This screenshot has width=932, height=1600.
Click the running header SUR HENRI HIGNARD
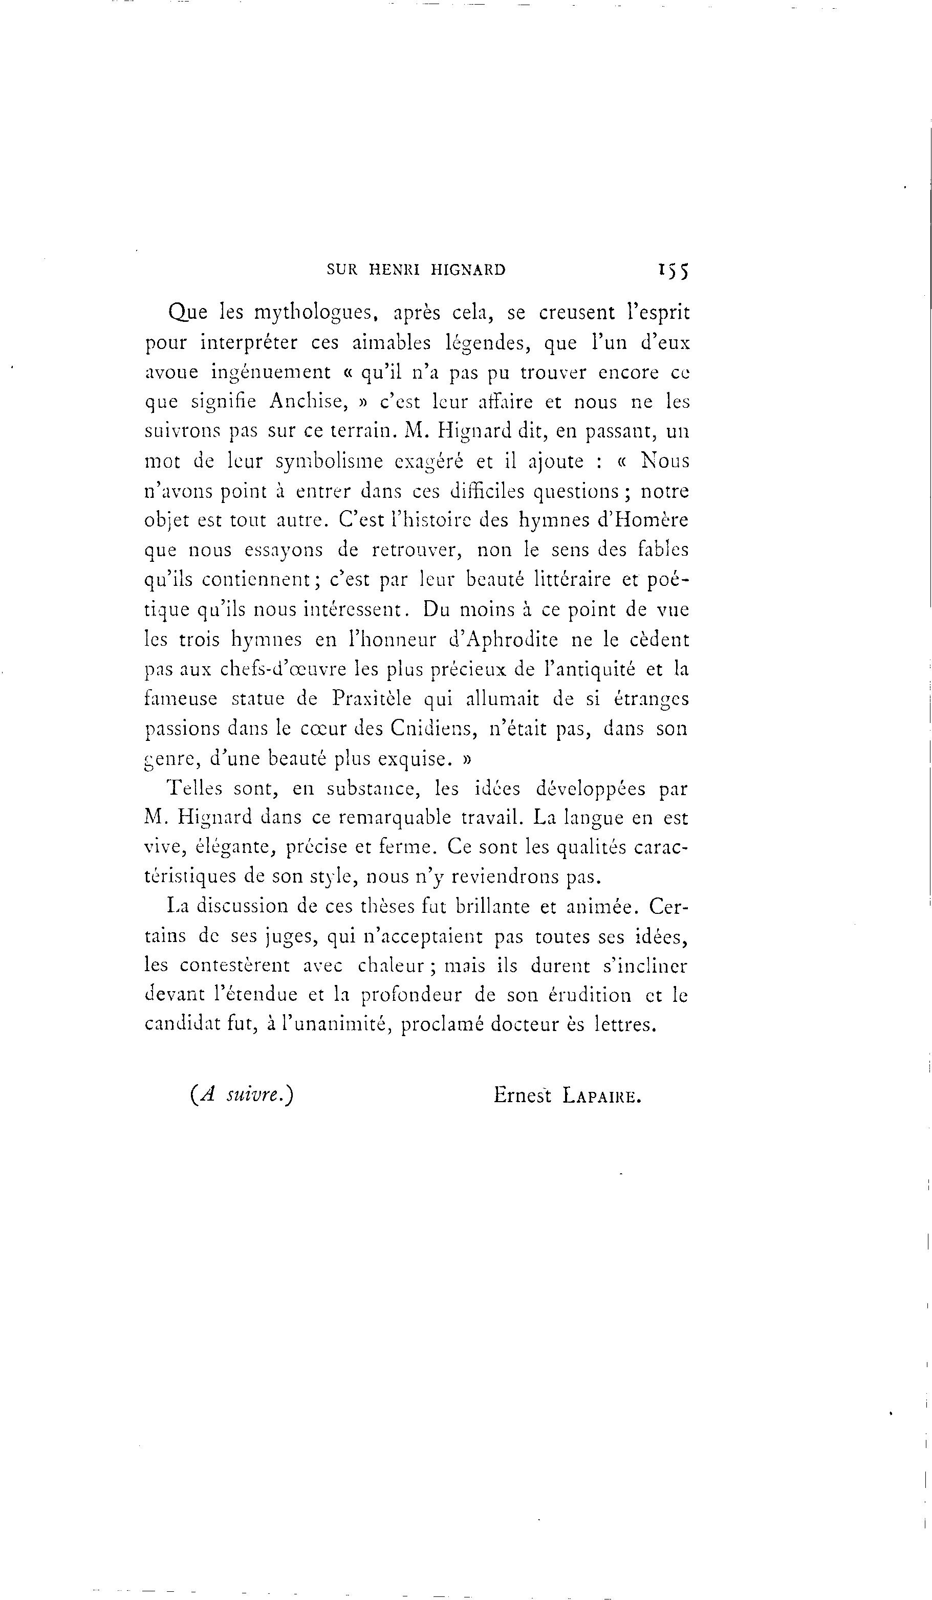(x=416, y=270)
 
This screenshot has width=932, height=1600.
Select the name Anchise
(x=307, y=401)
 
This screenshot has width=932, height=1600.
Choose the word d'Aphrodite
(x=503, y=640)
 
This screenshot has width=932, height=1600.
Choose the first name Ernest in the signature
(x=522, y=1096)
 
